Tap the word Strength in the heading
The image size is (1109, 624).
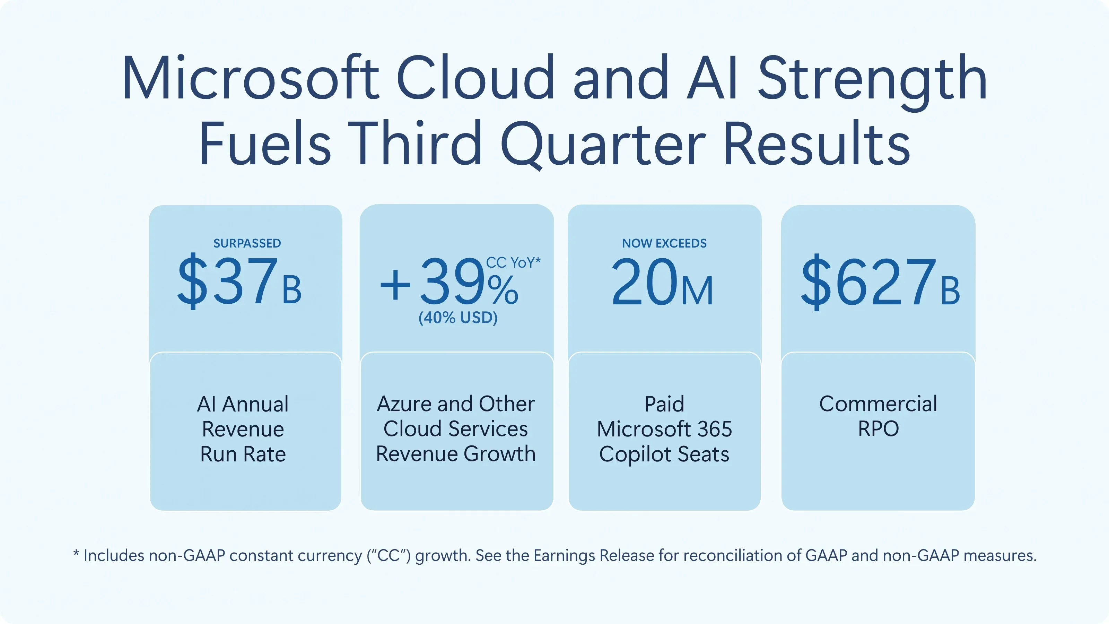(872, 78)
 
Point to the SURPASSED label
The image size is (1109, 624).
(247, 243)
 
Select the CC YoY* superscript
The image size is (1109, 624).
(513, 263)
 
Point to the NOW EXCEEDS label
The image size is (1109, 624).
(664, 243)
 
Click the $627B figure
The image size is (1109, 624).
(880, 282)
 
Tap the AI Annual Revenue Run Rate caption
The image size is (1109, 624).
(243, 429)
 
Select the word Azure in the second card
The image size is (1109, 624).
(404, 404)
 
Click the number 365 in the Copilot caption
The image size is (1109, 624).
(715, 429)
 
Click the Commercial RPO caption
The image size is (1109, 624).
(878, 416)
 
